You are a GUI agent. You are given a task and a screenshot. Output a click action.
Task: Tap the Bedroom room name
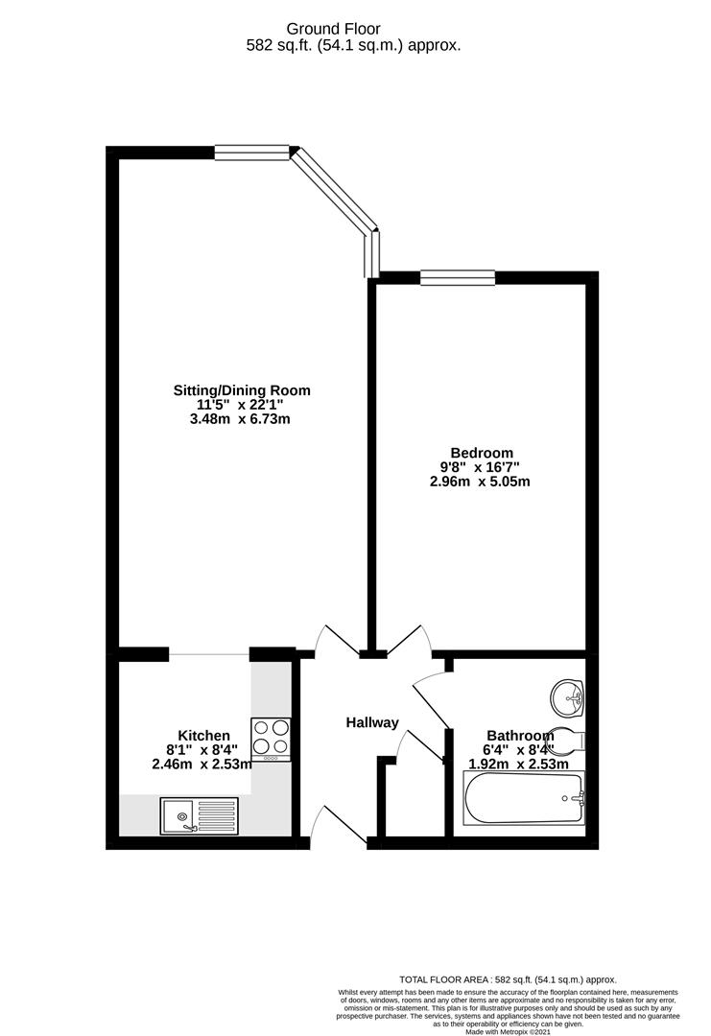point(482,453)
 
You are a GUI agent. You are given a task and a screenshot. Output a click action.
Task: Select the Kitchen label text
point(202,735)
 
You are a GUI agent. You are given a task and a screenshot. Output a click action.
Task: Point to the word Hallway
point(372,722)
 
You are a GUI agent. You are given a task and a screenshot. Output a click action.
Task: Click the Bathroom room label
point(519,737)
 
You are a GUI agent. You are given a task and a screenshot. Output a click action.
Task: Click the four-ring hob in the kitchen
point(270,738)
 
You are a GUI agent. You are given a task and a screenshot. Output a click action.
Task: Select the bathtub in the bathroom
point(524,800)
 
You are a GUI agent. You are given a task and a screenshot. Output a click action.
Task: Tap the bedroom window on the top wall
point(458,278)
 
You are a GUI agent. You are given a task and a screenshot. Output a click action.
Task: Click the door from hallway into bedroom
point(408,640)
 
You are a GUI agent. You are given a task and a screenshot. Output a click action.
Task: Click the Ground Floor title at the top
point(353,29)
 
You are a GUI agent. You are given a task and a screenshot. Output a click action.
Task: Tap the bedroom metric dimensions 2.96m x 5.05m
point(480,482)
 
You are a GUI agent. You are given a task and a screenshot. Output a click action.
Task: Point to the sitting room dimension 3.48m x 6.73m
point(241,419)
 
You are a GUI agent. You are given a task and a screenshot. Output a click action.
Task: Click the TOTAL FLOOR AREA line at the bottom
point(508,979)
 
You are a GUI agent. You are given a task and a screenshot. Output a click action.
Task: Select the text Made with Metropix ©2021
point(509,1031)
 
